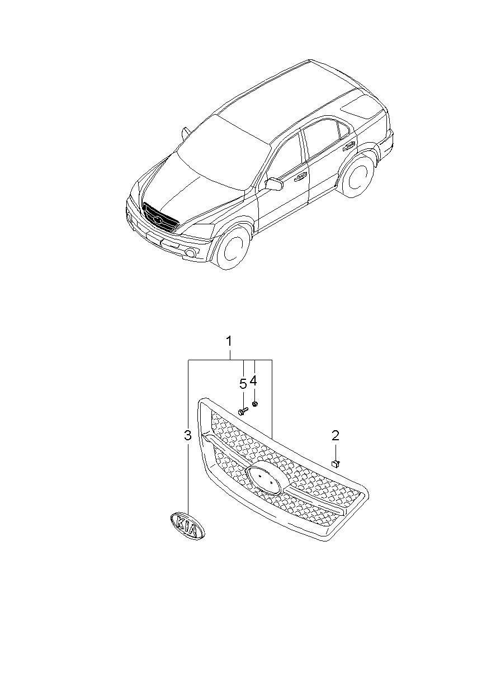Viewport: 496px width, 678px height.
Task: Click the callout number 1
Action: (x=229, y=341)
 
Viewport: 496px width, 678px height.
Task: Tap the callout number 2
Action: (x=336, y=435)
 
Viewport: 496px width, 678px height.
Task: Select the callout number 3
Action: (x=187, y=435)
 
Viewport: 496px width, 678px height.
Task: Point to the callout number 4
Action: (x=253, y=381)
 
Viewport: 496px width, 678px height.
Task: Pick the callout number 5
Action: (x=243, y=383)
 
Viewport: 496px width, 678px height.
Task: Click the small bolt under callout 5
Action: (x=242, y=411)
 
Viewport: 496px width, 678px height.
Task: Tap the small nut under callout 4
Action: (x=254, y=403)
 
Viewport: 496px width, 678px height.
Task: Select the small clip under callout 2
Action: (x=335, y=462)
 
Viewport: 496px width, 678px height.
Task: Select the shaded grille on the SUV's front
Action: (x=160, y=217)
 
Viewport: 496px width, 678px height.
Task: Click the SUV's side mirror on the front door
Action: (x=274, y=185)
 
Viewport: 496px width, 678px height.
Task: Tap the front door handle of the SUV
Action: (x=300, y=176)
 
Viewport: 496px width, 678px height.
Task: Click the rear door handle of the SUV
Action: (x=349, y=147)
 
